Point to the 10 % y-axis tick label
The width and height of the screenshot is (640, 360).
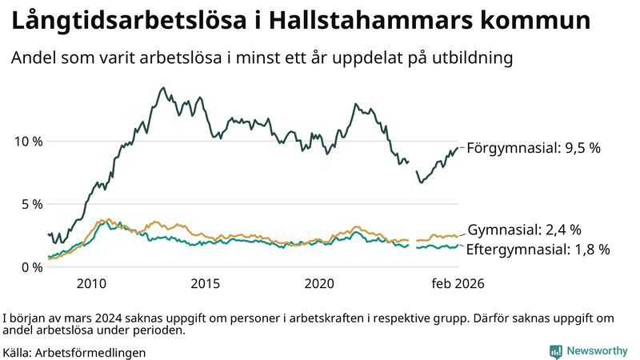point(29,142)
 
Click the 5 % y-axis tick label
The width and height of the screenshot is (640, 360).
point(33,204)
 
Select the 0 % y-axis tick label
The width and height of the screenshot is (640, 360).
point(33,267)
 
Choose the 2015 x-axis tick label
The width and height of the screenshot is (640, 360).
point(206,284)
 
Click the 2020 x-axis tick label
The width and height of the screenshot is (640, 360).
point(319,284)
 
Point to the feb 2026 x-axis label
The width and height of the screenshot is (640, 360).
point(458,284)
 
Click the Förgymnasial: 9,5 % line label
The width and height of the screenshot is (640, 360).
point(533,148)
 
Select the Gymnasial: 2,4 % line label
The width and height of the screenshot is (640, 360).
point(524,230)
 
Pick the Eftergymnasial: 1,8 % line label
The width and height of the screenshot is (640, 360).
point(538,250)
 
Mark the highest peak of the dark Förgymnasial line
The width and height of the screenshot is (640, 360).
point(163,88)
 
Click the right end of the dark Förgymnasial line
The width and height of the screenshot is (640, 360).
point(458,148)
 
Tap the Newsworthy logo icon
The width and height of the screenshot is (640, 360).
point(555,351)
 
